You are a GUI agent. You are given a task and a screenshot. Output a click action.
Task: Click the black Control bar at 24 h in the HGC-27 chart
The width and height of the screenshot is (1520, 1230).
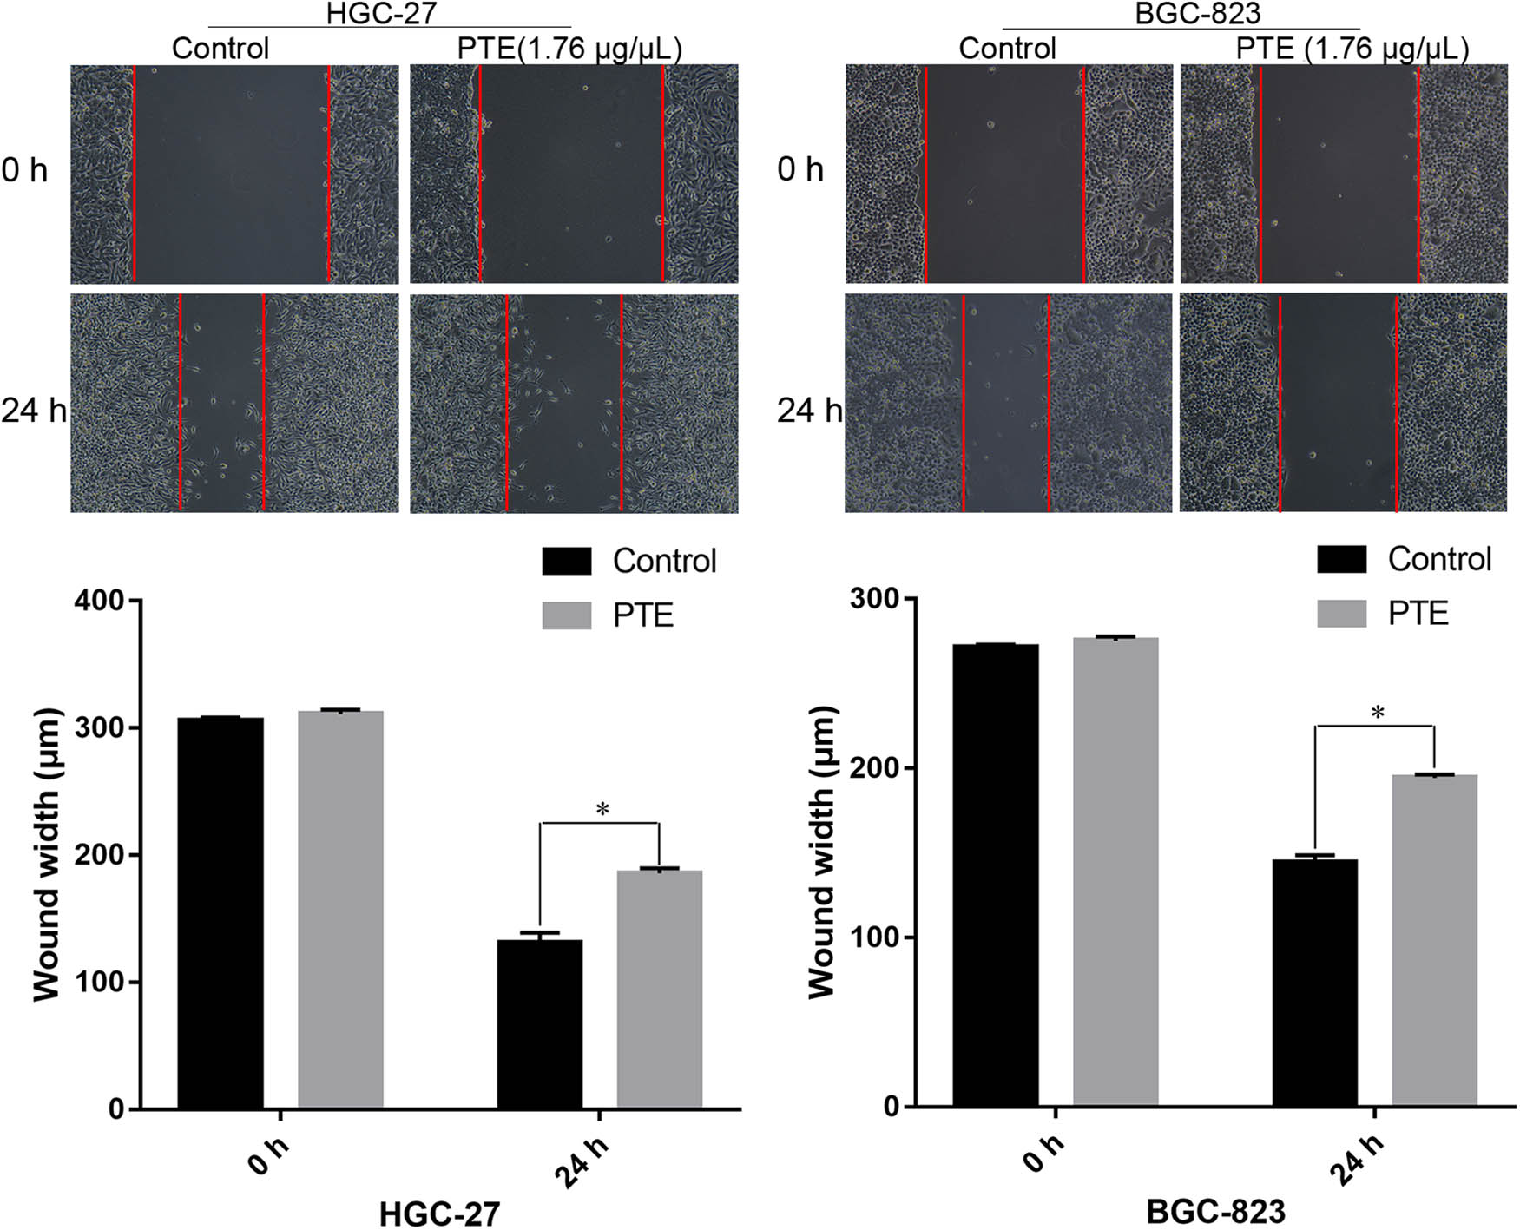[539, 1024]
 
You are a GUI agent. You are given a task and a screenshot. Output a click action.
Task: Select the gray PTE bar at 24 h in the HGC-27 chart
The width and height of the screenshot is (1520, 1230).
[659, 990]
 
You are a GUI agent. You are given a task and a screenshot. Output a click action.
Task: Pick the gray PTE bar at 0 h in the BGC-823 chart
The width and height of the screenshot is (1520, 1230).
[1115, 872]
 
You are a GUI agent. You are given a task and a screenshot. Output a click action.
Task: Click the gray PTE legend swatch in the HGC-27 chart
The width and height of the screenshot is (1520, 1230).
[566, 615]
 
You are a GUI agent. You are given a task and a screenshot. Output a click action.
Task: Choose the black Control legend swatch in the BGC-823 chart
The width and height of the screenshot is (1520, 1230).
[1341, 560]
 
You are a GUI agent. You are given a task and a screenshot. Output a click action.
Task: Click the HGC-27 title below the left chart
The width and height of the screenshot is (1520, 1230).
[439, 1213]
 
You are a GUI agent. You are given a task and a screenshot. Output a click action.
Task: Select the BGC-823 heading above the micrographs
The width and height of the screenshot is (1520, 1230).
[1197, 13]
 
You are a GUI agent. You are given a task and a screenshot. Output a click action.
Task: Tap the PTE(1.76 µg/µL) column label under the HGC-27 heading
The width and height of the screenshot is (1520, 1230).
[569, 49]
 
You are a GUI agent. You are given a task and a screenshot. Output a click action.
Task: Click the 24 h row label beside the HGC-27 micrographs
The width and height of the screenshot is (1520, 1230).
[33, 410]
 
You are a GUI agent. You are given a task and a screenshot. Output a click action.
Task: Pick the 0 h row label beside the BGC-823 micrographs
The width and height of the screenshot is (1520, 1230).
[799, 169]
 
